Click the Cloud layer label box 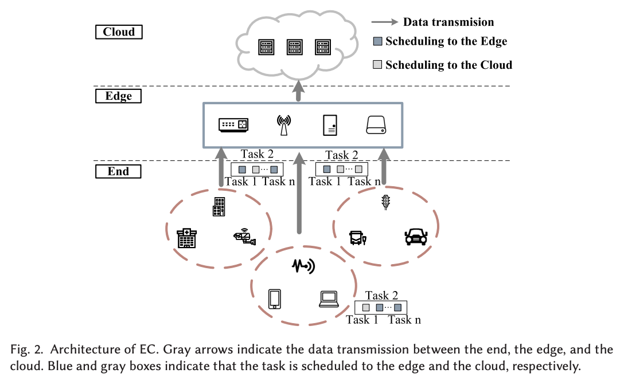119,32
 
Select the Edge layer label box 118,96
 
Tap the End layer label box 118,171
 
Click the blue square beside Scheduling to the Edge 377,41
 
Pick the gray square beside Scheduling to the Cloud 377,64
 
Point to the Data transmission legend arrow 385,22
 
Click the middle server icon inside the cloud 295,47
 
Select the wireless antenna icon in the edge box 284,125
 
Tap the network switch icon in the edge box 233,125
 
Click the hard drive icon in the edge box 376,125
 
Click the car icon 416,237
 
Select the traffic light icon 385,202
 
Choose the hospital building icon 186,238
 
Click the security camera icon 245,237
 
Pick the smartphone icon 274,299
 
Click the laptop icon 329,299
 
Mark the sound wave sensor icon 303,266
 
